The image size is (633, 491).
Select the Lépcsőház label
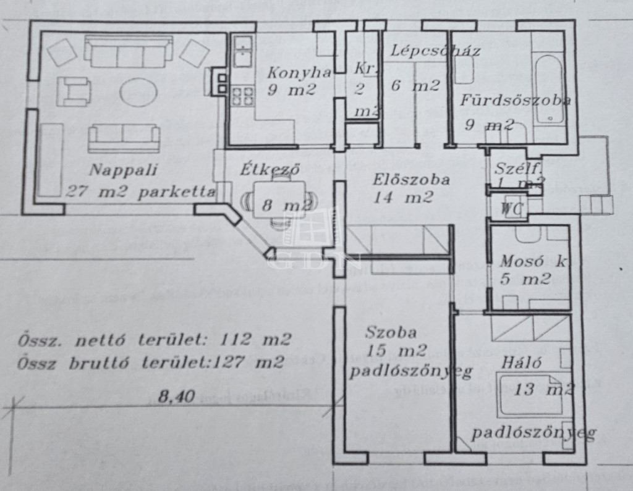click(x=436, y=51)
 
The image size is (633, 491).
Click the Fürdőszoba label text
click(x=515, y=101)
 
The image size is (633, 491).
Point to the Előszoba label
click(x=410, y=180)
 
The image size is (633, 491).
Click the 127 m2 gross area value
click(x=249, y=362)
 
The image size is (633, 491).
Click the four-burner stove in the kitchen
click(x=242, y=96)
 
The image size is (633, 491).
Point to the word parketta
click(x=177, y=191)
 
